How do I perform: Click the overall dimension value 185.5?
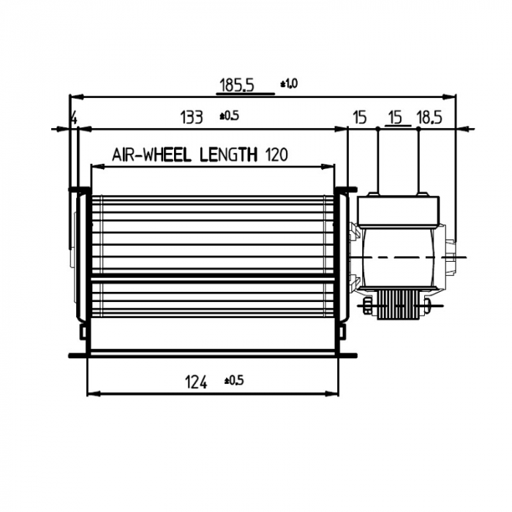(236, 86)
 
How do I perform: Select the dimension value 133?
(191, 117)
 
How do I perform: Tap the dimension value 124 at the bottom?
(195, 381)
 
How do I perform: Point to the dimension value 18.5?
(429, 117)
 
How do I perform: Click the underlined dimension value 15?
(395, 117)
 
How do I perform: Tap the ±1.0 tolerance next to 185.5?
(289, 84)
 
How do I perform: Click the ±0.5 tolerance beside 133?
(230, 116)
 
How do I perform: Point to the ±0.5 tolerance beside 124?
(234, 380)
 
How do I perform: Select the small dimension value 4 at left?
(73, 118)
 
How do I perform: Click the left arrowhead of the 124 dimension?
(91, 394)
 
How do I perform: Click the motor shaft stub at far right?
(459, 257)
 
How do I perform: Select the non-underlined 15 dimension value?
(359, 117)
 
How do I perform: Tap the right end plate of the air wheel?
(341, 256)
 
